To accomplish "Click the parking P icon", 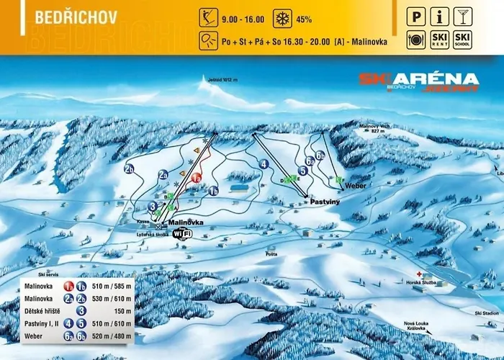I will pyautogui.click(x=417, y=14).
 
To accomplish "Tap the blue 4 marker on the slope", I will pyautogui.click(x=264, y=165).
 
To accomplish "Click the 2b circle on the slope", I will pyautogui.click(x=130, y=170).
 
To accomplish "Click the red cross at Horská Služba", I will pyautogui.click(x=427, y=275).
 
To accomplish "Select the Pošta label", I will pyautogui.click(x=271, y=254).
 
